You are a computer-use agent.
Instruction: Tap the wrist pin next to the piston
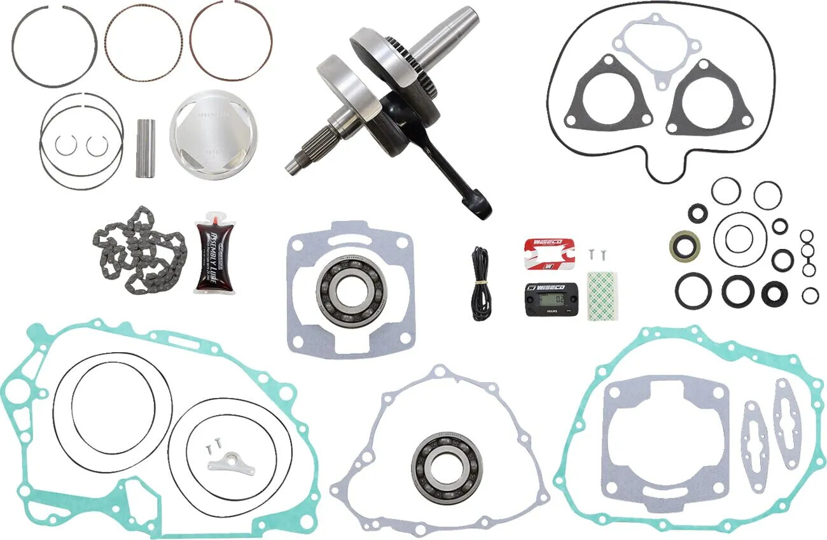pos(146,148)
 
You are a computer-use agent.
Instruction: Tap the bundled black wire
pos(481,283)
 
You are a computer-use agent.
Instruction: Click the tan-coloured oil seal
pos(685,245)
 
